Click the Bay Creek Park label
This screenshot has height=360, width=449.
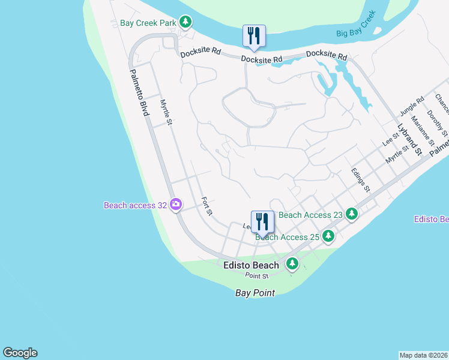[148, 23]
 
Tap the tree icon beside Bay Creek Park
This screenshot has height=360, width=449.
[186, 23]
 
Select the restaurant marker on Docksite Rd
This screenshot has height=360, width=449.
[253, 37]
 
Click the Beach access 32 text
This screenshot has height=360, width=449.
[135, 205]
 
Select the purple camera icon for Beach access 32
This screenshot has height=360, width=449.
[176, 205]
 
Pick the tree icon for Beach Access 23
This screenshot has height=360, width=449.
[352, 214]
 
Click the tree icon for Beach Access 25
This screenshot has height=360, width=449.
[328, 236]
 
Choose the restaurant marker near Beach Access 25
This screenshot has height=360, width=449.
[262, 222]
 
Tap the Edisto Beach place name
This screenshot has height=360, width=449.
[251, 265]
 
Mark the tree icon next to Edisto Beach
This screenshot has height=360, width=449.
[292, 263]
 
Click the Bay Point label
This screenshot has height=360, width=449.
[255, 293]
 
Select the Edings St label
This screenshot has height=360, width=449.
[360, 180]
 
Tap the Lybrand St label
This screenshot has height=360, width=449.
[408, 139]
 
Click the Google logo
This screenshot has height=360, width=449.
[20, 353]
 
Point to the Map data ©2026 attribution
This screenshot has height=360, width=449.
[423, 355]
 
